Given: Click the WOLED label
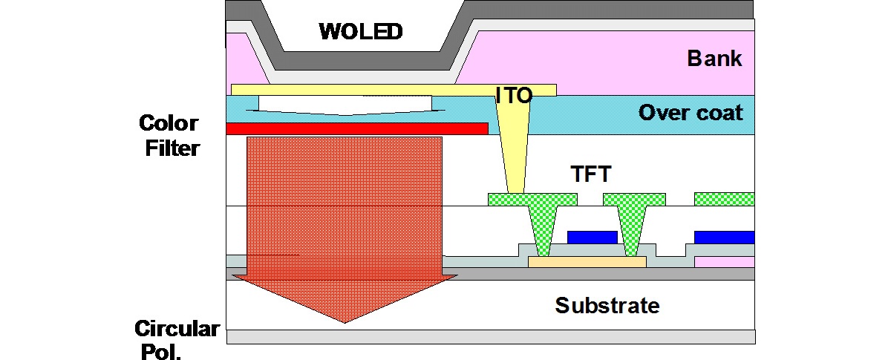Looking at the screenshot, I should [361, 32].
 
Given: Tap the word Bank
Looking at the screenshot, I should [714, 59].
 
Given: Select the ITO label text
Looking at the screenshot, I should [515, 94].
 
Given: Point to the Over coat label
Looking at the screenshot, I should [690, 113].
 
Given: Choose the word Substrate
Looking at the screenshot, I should [607, 305].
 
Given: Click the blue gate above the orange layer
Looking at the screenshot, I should [592, 237].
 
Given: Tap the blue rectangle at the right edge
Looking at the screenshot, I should [724, 237].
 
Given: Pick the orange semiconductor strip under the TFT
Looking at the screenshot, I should [587, 262].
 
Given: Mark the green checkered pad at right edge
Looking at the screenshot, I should [724, 199].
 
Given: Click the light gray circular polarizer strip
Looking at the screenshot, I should [490, 337].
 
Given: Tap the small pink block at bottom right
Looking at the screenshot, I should [724, 262].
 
